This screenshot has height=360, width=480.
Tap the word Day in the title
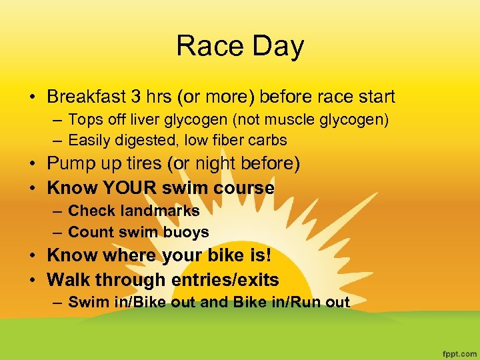274,46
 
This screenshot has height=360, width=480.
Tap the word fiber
225,140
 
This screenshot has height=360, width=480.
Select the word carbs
267,140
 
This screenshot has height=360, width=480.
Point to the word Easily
90,140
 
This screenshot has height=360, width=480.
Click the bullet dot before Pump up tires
33,164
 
